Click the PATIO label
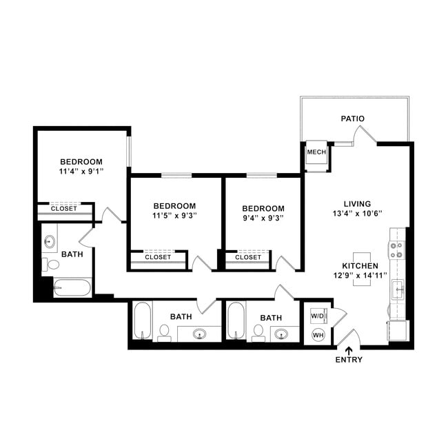[352, 119]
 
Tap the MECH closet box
[316, 152]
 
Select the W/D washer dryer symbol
[318, 317]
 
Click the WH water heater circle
[318, 335]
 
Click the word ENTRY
[348, 360]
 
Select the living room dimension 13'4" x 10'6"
[358, 214]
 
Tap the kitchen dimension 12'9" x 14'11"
[359, 276]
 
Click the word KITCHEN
[359, 265]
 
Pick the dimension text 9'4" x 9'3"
[263, 218]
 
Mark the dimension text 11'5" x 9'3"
[174, 216]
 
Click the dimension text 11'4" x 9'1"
[81, 172]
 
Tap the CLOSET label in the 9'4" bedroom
[248, 257]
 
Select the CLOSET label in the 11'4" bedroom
[64, 208]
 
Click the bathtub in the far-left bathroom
[72, 287]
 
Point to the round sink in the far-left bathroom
[50, 242]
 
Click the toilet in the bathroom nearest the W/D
[258, 334]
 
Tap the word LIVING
[358, 204]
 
